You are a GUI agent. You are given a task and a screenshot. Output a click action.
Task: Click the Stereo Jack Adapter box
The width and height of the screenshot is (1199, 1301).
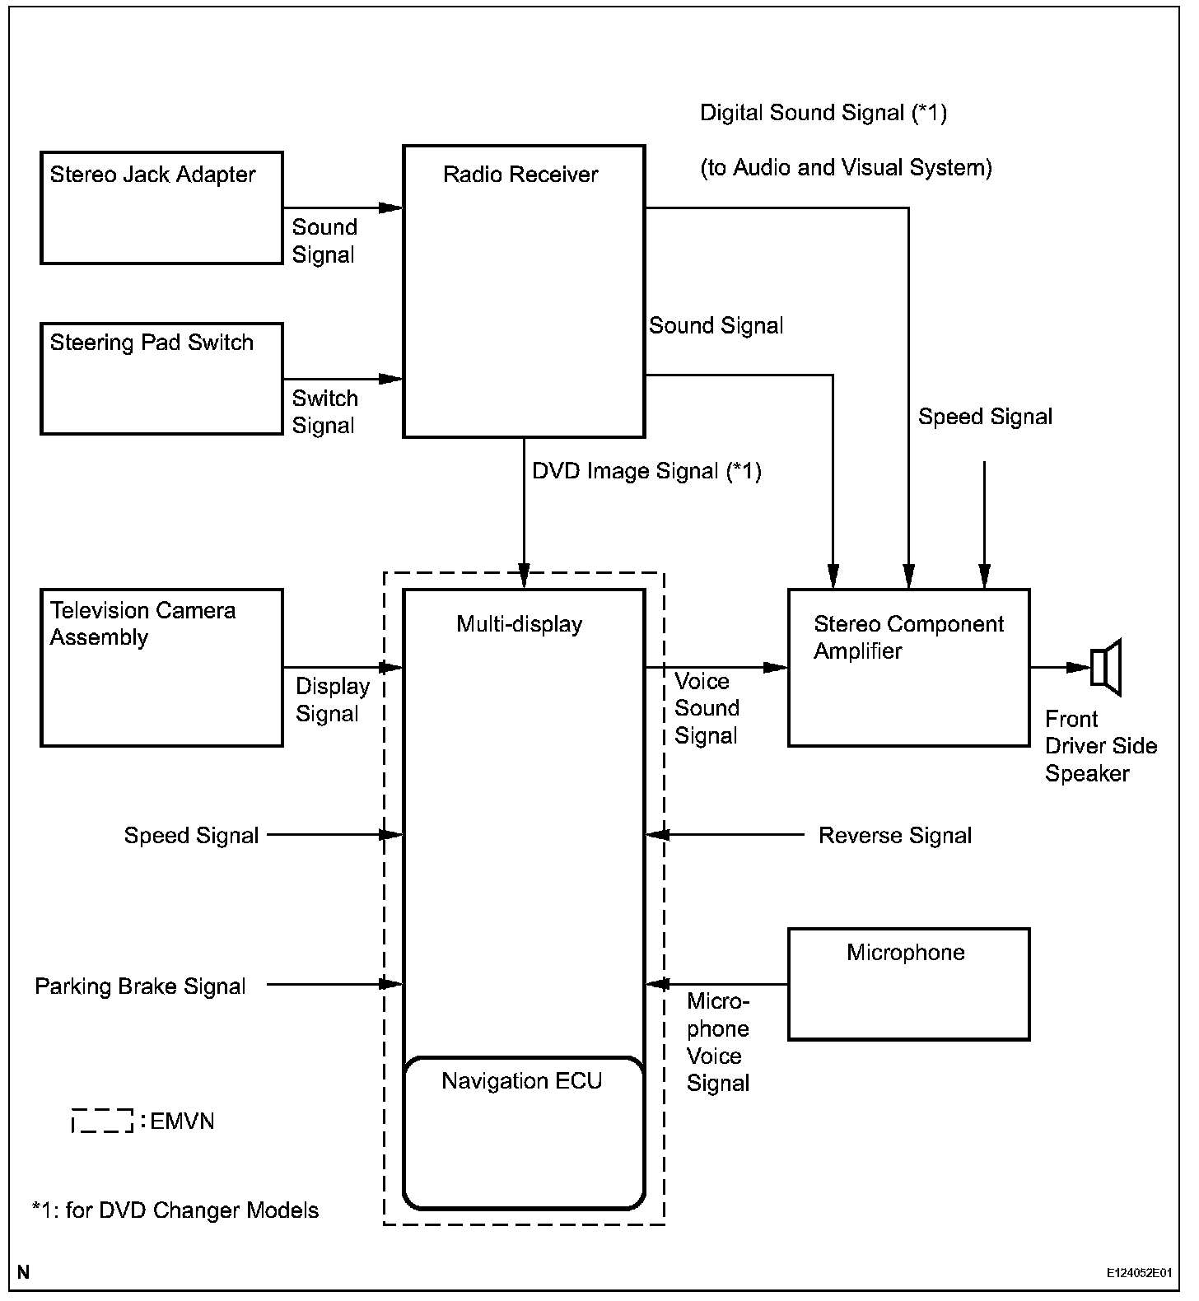tap(161, 208)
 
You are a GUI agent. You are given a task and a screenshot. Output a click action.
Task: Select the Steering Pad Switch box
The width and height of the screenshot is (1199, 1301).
tap(161, 378)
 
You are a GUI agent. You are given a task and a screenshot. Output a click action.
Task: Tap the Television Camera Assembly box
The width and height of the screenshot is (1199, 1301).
tap(161, 667)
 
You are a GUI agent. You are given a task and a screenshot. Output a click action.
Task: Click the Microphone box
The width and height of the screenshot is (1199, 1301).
tap(908, 984)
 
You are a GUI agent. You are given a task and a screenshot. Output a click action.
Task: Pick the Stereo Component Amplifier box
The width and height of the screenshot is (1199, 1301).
tap(908, 667)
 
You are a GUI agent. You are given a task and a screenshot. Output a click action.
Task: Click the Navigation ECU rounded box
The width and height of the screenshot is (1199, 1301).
tap(523, 1132)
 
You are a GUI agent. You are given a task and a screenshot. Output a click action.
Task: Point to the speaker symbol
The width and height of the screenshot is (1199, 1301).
tap(1106, 667)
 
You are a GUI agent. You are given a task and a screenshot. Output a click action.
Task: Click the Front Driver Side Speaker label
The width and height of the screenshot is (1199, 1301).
tap(1100, 746)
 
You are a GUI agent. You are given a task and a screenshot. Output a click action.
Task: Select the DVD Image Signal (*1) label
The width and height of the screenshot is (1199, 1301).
tap(646, 471)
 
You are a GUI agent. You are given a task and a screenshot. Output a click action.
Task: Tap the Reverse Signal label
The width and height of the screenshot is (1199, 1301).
tap(894, 836)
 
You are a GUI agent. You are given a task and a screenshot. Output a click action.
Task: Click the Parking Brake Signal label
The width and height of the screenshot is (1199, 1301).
tap(140, 986)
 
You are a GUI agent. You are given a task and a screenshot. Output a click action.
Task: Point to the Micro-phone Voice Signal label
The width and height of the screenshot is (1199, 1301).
tap(718, 1042)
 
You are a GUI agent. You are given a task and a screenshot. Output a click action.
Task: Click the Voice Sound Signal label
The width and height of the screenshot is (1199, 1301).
tap(707, 708)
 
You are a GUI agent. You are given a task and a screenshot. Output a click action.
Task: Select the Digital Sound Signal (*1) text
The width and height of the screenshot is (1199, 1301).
tap(823, 113)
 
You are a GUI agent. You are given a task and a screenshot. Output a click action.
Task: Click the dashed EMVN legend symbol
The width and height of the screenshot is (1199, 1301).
tap(102, 1121)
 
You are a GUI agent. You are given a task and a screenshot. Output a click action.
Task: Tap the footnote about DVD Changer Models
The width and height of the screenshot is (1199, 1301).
tap(175, 1210)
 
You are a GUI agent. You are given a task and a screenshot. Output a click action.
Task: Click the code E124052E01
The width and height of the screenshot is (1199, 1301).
tap(1139, 1272)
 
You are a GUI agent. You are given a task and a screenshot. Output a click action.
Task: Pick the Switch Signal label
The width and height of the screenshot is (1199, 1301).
tap(324, 412)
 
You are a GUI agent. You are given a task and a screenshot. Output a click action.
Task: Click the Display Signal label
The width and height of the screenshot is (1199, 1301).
tap(332, 700)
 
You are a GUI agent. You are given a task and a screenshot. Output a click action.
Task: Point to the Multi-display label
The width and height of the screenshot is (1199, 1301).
tap(519, 624)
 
